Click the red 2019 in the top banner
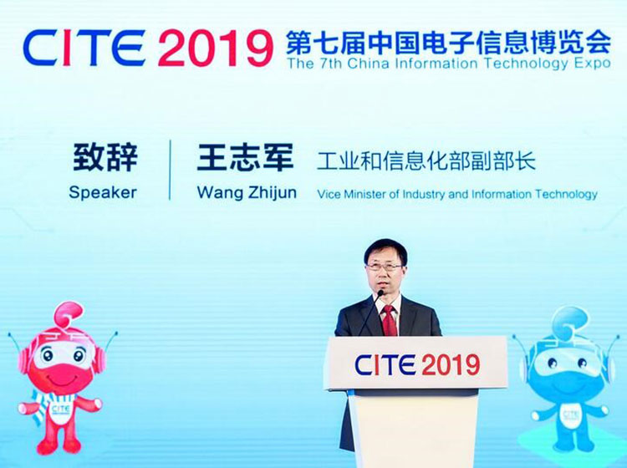[x=215, y=48]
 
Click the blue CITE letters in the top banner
[x=84, y=48]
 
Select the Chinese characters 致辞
[x=105, y=157]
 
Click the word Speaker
[x=103, y=192]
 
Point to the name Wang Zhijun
[x=247, y=193]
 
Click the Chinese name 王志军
[x=245, y=157]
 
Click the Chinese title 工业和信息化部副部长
[x=426, y=161]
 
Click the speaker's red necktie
[x=389, y=321]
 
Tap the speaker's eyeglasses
[x=384, y=267]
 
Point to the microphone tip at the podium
[x=380, y=293]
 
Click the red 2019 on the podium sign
[x=451, y=364]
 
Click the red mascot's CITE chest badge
[x=61, y=409]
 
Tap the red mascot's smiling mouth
[x=62, y=377]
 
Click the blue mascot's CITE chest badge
[x=571, y=414]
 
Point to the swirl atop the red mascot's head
[x=69, y=313]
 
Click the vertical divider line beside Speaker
[x=170, y=170]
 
